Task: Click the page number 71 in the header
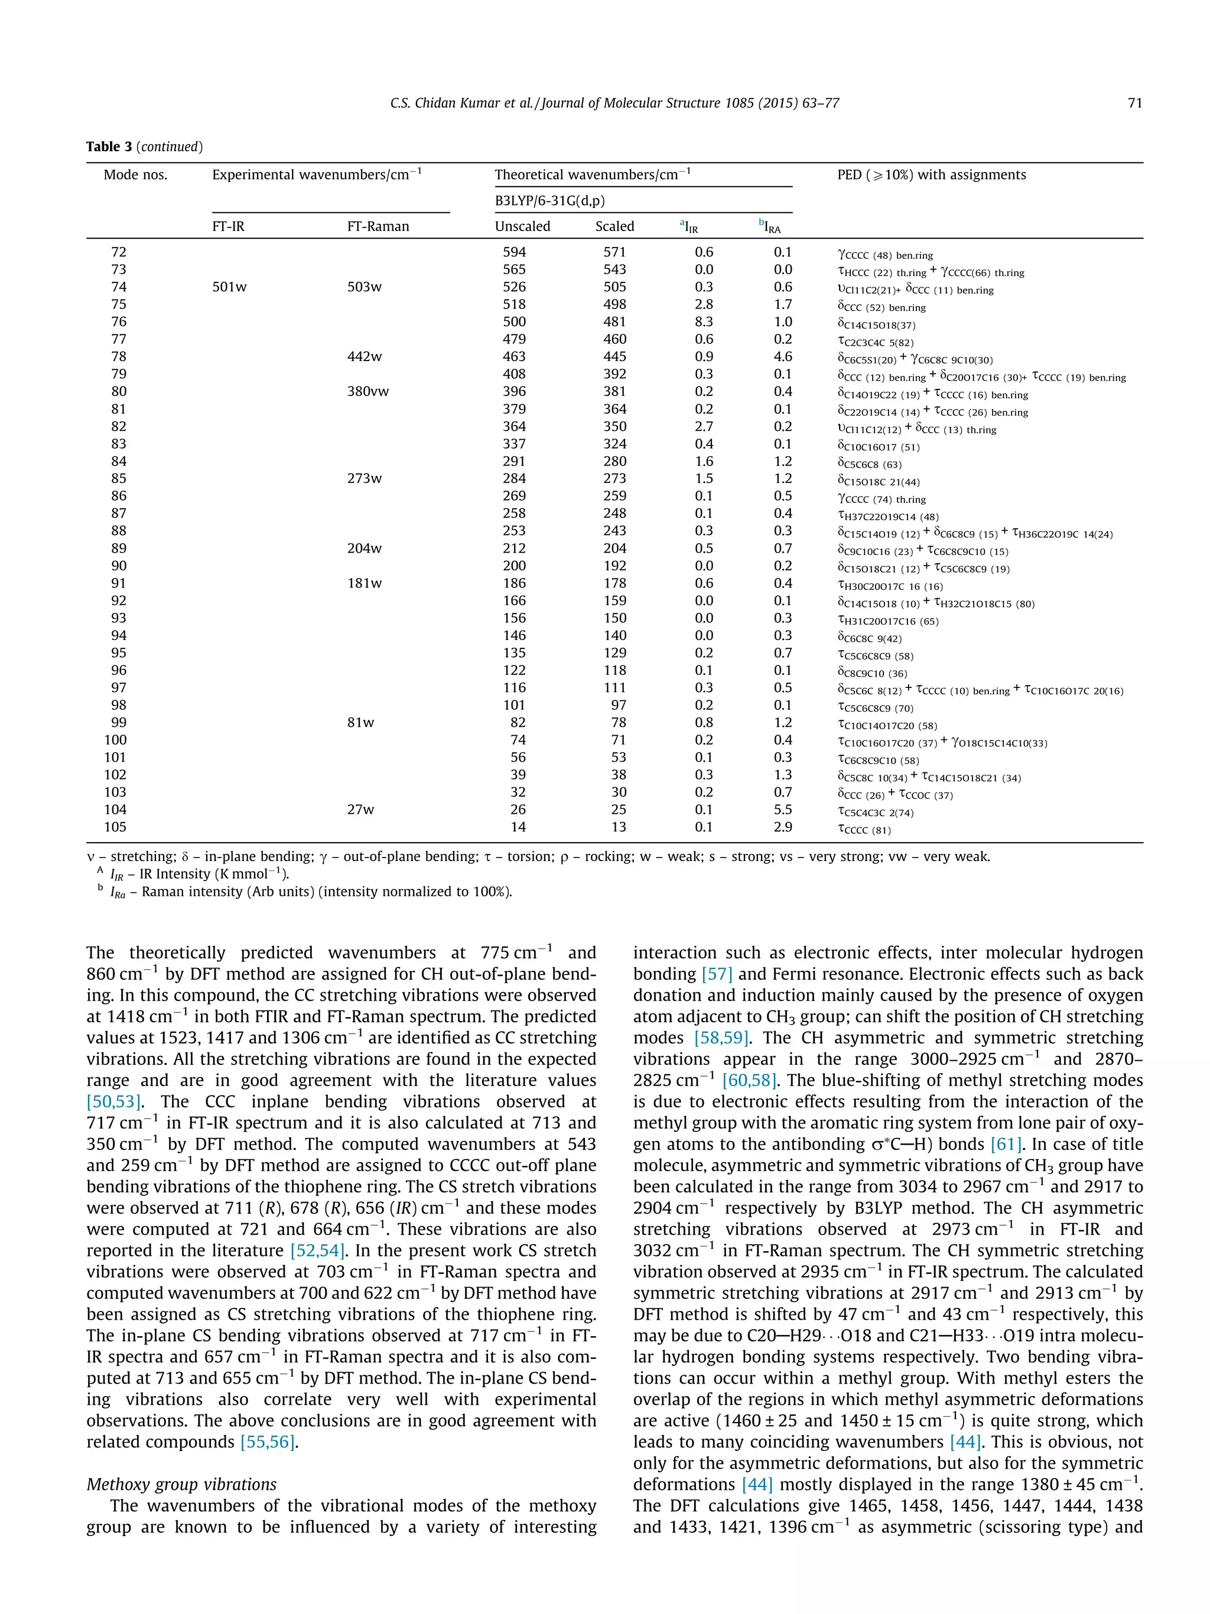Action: point(1134,103)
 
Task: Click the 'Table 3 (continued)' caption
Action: point(144,147)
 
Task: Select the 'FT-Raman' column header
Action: point(378,226)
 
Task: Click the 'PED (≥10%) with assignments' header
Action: point(931,174)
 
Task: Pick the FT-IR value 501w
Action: point(229,287)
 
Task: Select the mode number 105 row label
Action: point(115,827)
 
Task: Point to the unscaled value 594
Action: point(514,252)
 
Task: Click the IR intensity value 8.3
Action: point(704,321)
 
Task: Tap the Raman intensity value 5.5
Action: point(783,809)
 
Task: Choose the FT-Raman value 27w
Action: point(360,809)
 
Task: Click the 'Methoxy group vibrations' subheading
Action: point(181,1484)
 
